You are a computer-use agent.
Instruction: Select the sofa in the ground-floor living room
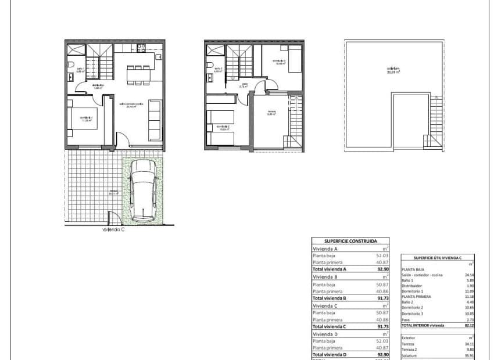(x=155, y=120)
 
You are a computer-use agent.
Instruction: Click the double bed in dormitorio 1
(x=80, y=118)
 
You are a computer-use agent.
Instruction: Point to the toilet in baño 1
(x=70, y=64)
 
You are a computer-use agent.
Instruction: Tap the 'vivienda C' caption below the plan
(x=113, y=229)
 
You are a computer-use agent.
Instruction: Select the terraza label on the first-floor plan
(x=271, y=113)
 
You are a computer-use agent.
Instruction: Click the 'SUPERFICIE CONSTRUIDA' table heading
(x=350, y=240)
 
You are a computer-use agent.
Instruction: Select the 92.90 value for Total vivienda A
(x=381, y=269)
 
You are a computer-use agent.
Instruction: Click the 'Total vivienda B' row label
(x=330, y=298)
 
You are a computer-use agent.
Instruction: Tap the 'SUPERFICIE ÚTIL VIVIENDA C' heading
(x=438, y=257)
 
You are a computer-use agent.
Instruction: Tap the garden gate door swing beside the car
(x=115, y=219)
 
